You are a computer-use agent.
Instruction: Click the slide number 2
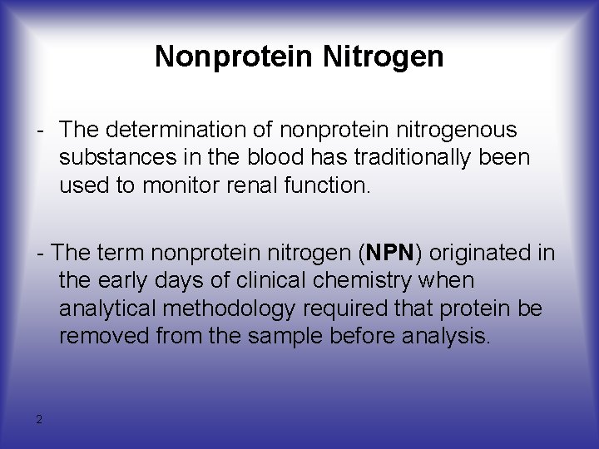[39, 419]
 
